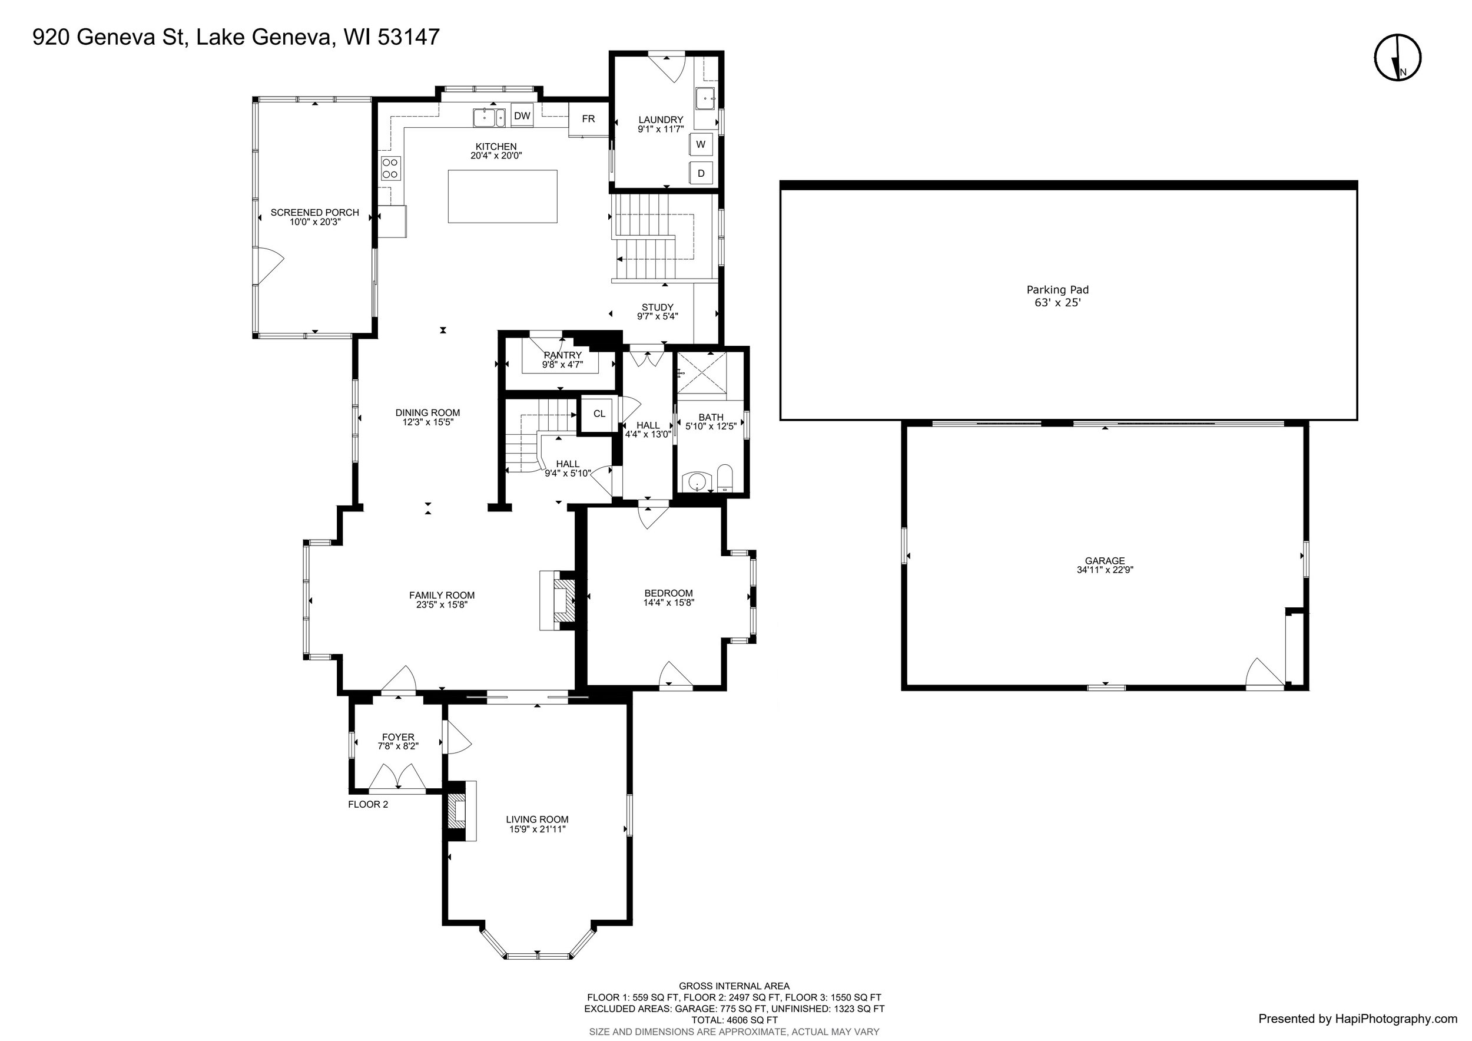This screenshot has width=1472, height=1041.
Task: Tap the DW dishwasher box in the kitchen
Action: click(522, 116)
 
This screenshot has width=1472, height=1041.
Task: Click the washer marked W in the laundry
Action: click(701, 144)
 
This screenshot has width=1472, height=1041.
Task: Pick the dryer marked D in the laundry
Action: click(701, 173)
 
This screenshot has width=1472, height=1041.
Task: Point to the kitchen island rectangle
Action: click(503, 196)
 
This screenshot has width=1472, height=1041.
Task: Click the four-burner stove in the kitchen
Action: click(390, 168)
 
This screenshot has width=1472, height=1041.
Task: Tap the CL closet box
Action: click(598, 414)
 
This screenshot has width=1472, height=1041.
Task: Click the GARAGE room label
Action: click(1105, 561)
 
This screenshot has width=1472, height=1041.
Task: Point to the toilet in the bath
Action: click(724, 478)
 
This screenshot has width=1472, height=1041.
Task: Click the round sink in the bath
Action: click(695, 480)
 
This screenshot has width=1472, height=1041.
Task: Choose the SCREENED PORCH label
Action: click(315, 212)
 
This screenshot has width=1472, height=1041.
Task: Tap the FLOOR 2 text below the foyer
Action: click(368, 804)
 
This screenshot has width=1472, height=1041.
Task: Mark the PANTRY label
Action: click(563, 355)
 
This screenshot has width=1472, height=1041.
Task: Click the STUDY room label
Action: click(658, 307)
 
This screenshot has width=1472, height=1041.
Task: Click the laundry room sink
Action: click(706, 99)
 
